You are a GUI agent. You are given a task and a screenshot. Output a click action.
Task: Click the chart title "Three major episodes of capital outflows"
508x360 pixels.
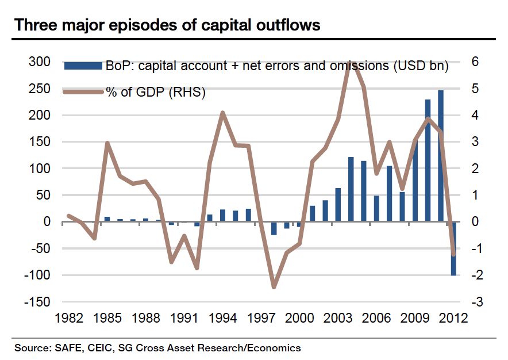coord(167,25)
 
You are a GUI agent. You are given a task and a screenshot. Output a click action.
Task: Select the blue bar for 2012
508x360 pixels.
coord(453,248)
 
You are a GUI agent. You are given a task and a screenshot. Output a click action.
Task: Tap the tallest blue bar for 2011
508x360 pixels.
coord(441,155)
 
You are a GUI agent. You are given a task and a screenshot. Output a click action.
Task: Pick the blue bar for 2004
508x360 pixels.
coord(351,189)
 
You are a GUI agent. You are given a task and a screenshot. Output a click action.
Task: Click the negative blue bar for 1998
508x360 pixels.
coord(274,228)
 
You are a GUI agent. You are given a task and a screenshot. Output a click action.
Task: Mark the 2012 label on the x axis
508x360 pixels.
coord(452,318)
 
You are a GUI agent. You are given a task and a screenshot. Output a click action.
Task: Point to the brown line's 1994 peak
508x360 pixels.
coord(222,113)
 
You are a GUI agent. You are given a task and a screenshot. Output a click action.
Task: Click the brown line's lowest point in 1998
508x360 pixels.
coord(274,287)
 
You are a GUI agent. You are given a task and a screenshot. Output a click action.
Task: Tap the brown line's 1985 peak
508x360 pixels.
coord(107,143)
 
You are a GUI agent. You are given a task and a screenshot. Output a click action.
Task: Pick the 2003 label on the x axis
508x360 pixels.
coord(337,318)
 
